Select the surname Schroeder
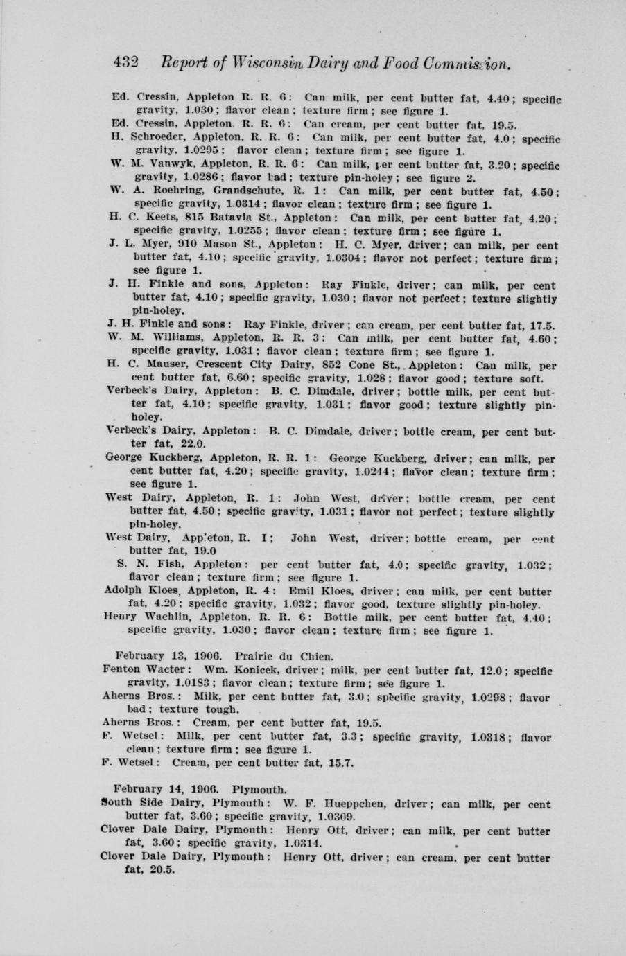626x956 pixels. (147, 138)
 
